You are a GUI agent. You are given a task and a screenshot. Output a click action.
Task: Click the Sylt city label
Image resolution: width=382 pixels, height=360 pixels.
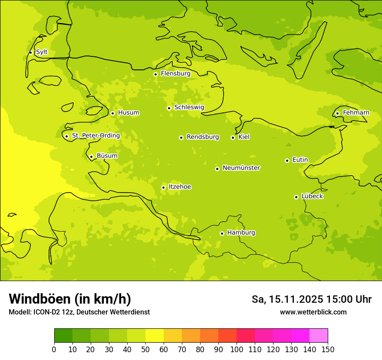click(42, 52)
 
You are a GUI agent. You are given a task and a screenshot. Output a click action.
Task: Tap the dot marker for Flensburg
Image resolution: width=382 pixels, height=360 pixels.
click(155, 74)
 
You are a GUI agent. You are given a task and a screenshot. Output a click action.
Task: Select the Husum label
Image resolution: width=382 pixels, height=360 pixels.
click(128, 113)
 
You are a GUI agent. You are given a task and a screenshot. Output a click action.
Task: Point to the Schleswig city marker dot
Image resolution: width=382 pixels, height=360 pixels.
click(169, 108)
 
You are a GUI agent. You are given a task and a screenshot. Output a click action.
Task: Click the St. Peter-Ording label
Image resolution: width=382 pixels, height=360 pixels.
click(95, 136)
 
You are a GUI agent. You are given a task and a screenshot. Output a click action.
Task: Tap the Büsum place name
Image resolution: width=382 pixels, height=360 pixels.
click(107, 156)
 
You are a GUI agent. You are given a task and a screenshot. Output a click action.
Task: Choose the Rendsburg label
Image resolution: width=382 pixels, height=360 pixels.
click(203, 137)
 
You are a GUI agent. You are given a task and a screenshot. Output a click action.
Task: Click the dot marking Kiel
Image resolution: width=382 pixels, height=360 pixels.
click(233, 137)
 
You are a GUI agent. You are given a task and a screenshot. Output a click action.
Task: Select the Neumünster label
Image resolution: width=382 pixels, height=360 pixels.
click(241, 168)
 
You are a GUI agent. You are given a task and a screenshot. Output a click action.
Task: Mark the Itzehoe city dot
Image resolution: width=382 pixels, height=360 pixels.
click(163, 187)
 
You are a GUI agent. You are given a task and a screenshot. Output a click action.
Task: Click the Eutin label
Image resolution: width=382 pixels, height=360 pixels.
click(300, 160)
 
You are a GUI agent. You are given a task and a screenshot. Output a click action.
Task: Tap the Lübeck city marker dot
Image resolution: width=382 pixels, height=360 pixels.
click(296, 197)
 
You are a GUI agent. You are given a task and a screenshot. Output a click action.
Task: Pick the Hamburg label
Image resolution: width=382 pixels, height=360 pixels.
click(241, 233)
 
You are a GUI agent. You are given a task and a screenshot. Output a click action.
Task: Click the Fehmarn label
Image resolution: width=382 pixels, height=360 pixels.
click(356, 113)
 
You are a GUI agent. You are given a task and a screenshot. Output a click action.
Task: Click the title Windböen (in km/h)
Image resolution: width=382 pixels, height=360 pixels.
click(70, 299)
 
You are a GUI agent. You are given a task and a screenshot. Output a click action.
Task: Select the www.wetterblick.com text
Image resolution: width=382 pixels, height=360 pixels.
click(313, 312)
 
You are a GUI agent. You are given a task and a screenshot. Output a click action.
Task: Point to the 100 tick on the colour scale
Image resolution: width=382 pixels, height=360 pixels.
click(237, 349)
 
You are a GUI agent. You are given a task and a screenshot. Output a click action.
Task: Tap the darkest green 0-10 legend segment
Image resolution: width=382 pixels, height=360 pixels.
click(63, 336)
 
